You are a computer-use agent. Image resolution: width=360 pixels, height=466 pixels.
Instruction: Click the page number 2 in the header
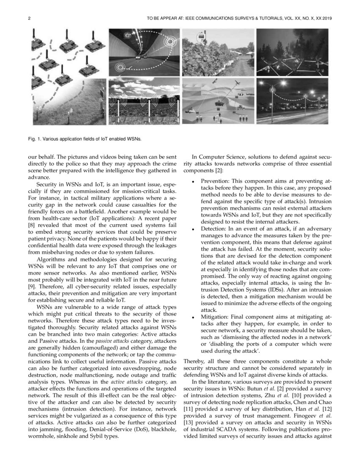(x=30, y=19)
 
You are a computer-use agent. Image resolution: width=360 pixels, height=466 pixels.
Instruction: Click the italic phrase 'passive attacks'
(x=109, y=341)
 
